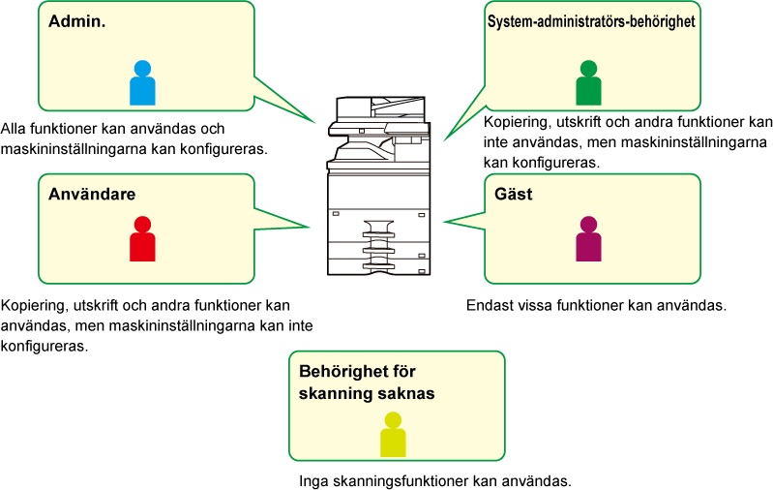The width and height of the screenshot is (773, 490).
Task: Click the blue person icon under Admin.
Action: (x=142, y=83)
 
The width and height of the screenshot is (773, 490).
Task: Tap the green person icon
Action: (x=588, y=83)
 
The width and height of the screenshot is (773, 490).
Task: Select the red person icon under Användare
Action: (x=142, y=239)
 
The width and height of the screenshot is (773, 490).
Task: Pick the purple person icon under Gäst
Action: (x=588, y=239)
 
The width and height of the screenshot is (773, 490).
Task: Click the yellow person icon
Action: (x=393, y=434)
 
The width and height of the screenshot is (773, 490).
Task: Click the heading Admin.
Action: (x=76, y=21)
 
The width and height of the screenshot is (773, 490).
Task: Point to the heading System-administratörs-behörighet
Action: (x=591, y=21)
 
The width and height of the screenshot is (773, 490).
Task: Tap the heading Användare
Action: (x=92, y=194)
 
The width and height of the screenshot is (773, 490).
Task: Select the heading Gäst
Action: (x=513, y=194)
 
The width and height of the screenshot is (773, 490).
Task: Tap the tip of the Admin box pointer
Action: (x=315, y=122)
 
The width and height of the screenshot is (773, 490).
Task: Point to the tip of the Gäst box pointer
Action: (x=443, y=222)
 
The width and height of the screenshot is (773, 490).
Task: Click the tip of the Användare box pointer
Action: (x=310, y=227)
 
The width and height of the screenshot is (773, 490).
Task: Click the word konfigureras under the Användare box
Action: (x=45, y=347)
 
